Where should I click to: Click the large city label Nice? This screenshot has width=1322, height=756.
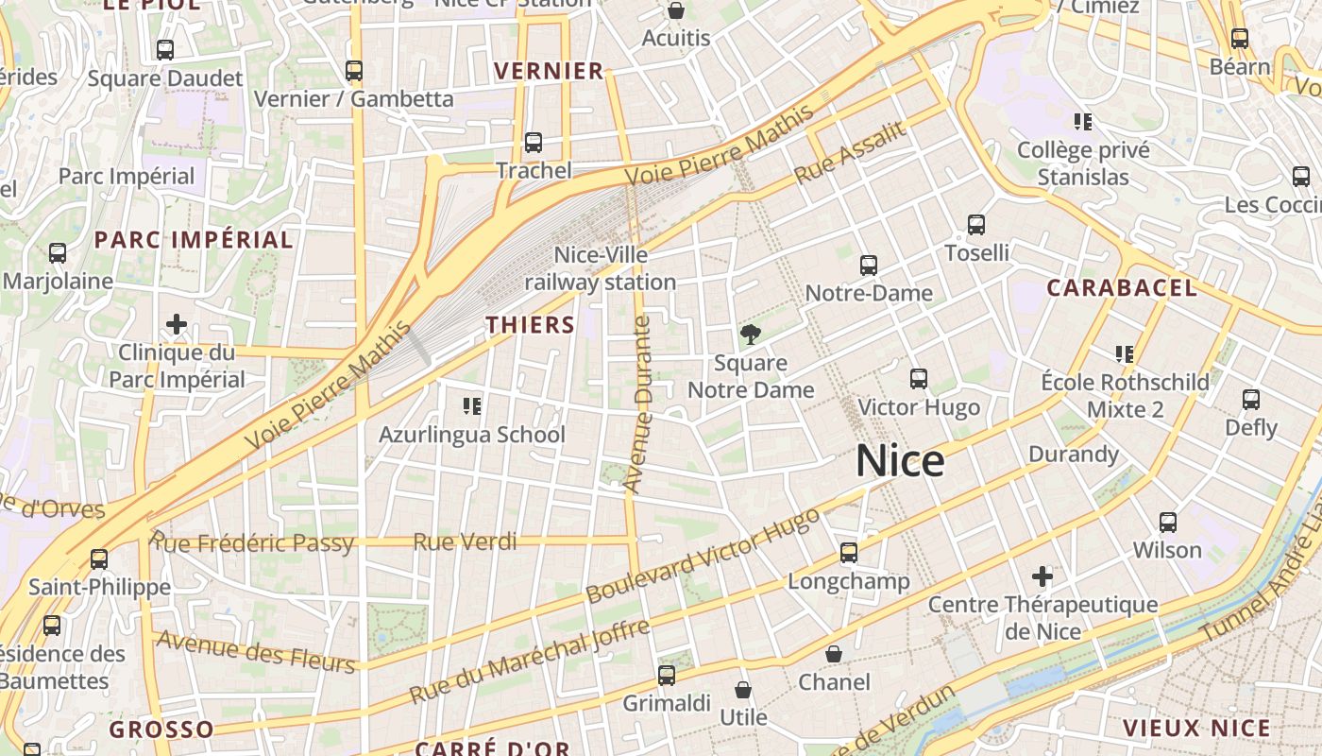(900, 461)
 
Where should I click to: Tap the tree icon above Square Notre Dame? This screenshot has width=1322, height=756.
(751, 334)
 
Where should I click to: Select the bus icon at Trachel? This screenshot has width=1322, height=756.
(534, 143)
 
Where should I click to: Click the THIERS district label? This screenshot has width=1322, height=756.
(530, 325)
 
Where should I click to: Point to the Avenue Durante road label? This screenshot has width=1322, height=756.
(640, 404)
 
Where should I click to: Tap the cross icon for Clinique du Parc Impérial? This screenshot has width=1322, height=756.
(177, 325)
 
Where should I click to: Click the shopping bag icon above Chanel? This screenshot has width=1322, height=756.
(834, 654)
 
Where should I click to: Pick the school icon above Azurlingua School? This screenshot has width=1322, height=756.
(472, 406)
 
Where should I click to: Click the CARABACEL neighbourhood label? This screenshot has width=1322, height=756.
(1122, 288)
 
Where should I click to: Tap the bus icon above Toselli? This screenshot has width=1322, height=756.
(976, 225)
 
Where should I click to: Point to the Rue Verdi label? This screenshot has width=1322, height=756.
(466, 541)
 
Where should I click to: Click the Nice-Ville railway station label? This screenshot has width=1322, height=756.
(601, 268)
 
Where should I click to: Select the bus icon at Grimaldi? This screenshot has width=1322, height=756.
(667, 675)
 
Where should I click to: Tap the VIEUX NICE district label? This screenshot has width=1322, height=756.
(1196, 728)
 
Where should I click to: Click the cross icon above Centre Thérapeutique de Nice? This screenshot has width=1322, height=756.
(1042, 576)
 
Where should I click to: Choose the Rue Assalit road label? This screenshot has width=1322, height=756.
(850, 153)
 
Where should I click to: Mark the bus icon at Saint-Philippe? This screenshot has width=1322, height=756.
(99, 558)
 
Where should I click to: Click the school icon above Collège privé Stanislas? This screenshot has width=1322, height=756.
(1083, 121)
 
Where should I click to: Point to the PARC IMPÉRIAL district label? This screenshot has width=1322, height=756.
(194, 240)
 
